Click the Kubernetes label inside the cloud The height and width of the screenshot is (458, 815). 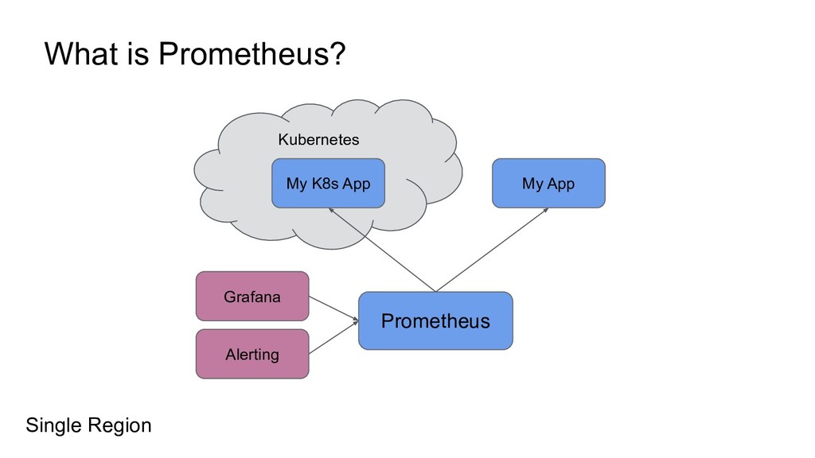click(x=318, y=140)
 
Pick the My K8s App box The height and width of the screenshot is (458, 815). click(x=328, y=184)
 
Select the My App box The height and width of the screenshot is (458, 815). click(x=548, y=184)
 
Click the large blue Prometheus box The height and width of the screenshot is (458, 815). click(x=435, y=321)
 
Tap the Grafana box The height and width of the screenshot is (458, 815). click(x=252, y=297)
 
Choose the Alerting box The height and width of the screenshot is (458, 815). click(x=252, y=354)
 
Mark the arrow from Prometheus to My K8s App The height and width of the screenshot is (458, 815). click(x=382, y=249)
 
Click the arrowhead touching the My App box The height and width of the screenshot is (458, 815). click(x=548, y=211)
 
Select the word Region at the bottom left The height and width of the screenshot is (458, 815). click(x=119, y=426)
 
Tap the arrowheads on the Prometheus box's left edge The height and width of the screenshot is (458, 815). click(x=355, y=321)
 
